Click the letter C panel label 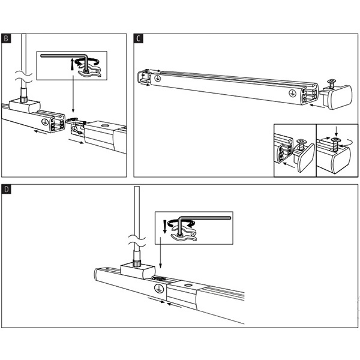(x=139, y=40)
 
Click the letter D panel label (x=7, y=190)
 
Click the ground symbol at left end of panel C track (x=158, y=78)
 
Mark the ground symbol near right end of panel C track (x=292, y=93)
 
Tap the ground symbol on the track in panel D (x=158, y=288)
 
